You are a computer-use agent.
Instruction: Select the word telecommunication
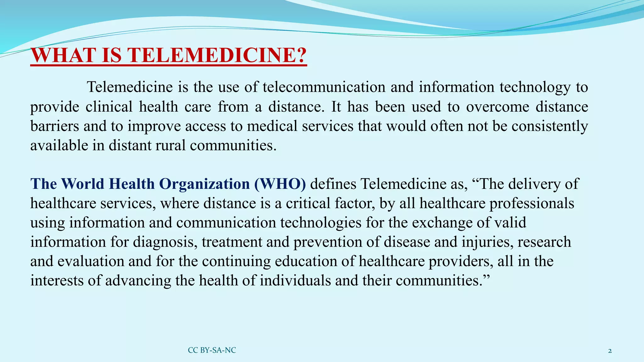(x=324, y=87)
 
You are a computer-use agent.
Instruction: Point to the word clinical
(x=109, y=107)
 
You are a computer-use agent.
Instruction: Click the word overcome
(x=498, y=107)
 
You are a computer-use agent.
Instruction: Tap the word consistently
(x=550, y=126)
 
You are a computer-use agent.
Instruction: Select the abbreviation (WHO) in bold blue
(x=280, y=184)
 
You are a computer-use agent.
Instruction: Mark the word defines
(x=333, y=184)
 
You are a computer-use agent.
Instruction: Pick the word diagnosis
(x=165, y=242)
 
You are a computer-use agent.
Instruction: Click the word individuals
(x=295, y=281)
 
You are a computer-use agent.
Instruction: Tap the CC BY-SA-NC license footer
(x=212, y=350)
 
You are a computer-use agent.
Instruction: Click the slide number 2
(x=610, y=351)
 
